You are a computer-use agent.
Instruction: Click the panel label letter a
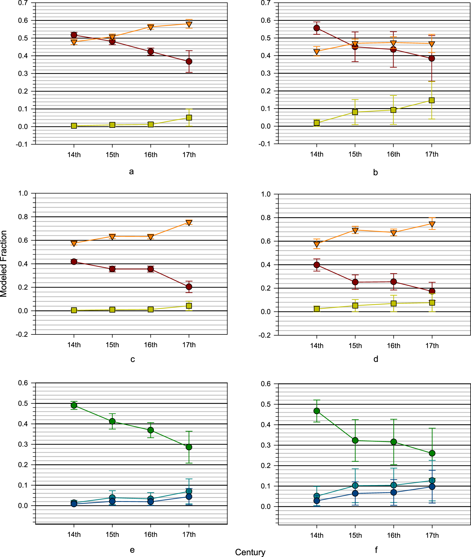point(131,171)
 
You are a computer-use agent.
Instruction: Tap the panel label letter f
point(376,550)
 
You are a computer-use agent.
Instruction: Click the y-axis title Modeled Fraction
point(4,264)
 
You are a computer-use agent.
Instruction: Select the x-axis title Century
point(250,552)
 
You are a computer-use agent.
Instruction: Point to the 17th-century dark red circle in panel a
point(189,61)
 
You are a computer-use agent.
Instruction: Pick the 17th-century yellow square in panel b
point(432,100)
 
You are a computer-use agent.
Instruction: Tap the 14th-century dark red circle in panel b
point(317,28)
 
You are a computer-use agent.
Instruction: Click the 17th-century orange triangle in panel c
point(189,223)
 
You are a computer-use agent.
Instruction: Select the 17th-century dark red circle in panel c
point(189,287)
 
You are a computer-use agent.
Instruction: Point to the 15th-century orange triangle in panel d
point(355,230)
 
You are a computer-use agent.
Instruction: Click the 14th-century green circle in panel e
point(74,405)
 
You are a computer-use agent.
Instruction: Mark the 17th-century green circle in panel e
point(189,447)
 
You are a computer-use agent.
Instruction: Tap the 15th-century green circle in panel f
point(355,440)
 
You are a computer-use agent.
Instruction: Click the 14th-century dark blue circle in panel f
point(317,501)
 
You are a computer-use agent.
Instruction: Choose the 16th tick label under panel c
point(150,345)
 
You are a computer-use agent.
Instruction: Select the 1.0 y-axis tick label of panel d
point(266,194)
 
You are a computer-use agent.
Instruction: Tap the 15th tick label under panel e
point(112,534)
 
